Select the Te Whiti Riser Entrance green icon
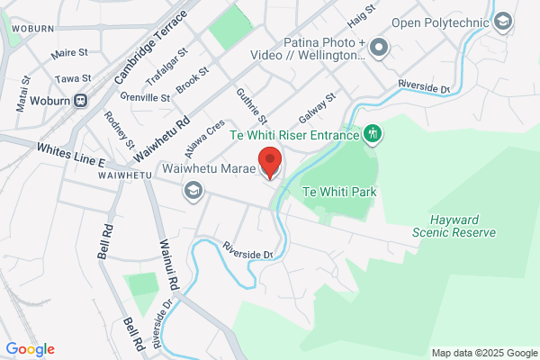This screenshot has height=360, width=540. (373, 135)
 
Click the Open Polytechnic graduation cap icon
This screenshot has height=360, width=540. (503, 21)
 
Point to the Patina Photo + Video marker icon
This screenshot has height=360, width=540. (379, 45)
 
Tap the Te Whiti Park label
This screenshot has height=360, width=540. (339, 192)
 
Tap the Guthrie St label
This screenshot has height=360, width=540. (253, 106)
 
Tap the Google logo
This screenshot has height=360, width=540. (30, 349)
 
